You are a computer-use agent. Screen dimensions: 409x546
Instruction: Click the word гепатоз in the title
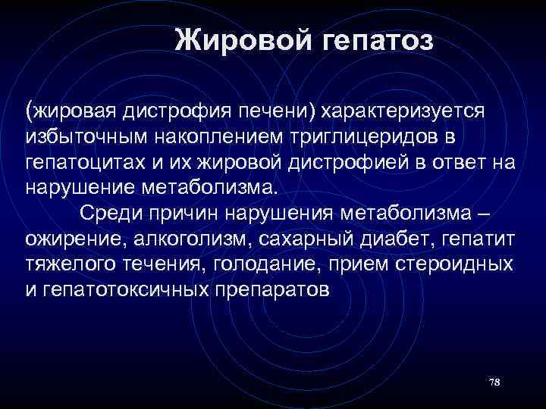point(377,39)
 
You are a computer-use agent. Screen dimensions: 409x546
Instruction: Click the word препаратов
point(278,289)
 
